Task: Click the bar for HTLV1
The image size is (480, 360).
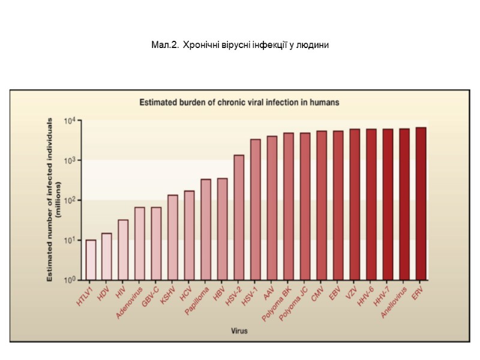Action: pyautogui.click(x=91, y=260)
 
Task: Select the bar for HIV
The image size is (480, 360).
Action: pyautogui.click(x=123, y=250)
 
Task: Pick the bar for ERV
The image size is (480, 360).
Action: pyautogui.click(x=421, y=203)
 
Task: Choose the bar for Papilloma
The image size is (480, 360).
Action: pyautogui.click(x=206, y=229)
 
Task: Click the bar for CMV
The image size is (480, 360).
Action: pyautogui.click(x=322, y=205)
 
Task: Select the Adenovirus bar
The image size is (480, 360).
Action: pyautogui.click(x=140, y=244)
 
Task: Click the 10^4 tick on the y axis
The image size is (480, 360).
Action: pyautogui.click(x=69, y=121)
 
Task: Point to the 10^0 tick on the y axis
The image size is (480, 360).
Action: pyautogui.click(x=69, y=280)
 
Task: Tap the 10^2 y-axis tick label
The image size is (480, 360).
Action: pyautogui.click(x=69, y=200)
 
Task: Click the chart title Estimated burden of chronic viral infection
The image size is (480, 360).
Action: pyautogui.click(x=239, y=102)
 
